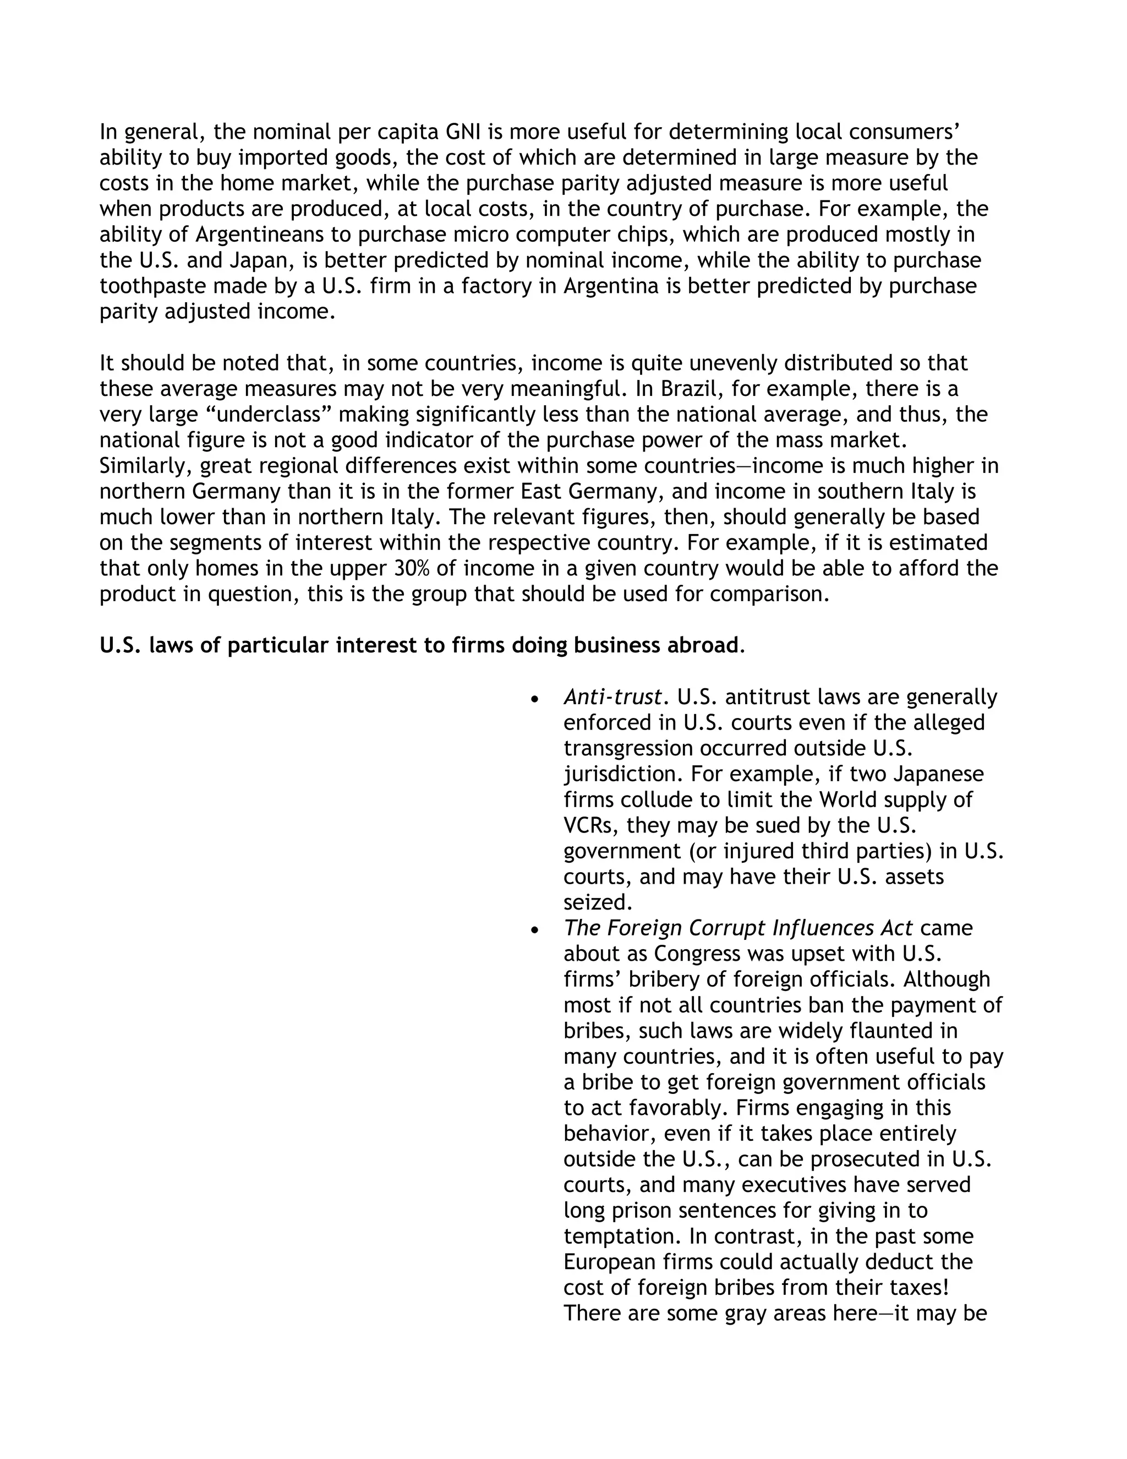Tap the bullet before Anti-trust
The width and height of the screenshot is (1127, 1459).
(533, 699)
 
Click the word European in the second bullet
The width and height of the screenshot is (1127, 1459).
(609, 1262)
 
